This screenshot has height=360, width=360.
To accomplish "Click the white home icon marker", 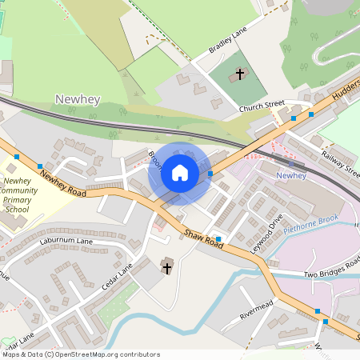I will click(x=180, y=172).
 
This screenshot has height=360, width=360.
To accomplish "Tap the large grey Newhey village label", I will click(x=78, y=98).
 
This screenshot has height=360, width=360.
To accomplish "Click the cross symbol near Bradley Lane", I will click(x=239, y=75).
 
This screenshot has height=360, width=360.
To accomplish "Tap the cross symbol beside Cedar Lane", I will click(x=167, y=267).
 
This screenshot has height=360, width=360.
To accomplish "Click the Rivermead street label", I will click(x=257, y=309).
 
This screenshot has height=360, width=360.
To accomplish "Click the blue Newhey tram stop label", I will click(x=290, y=175).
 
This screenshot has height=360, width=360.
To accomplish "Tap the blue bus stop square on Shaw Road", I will click(x=218, y=238).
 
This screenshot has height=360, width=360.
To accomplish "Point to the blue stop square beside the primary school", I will click(x=40, y=166).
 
